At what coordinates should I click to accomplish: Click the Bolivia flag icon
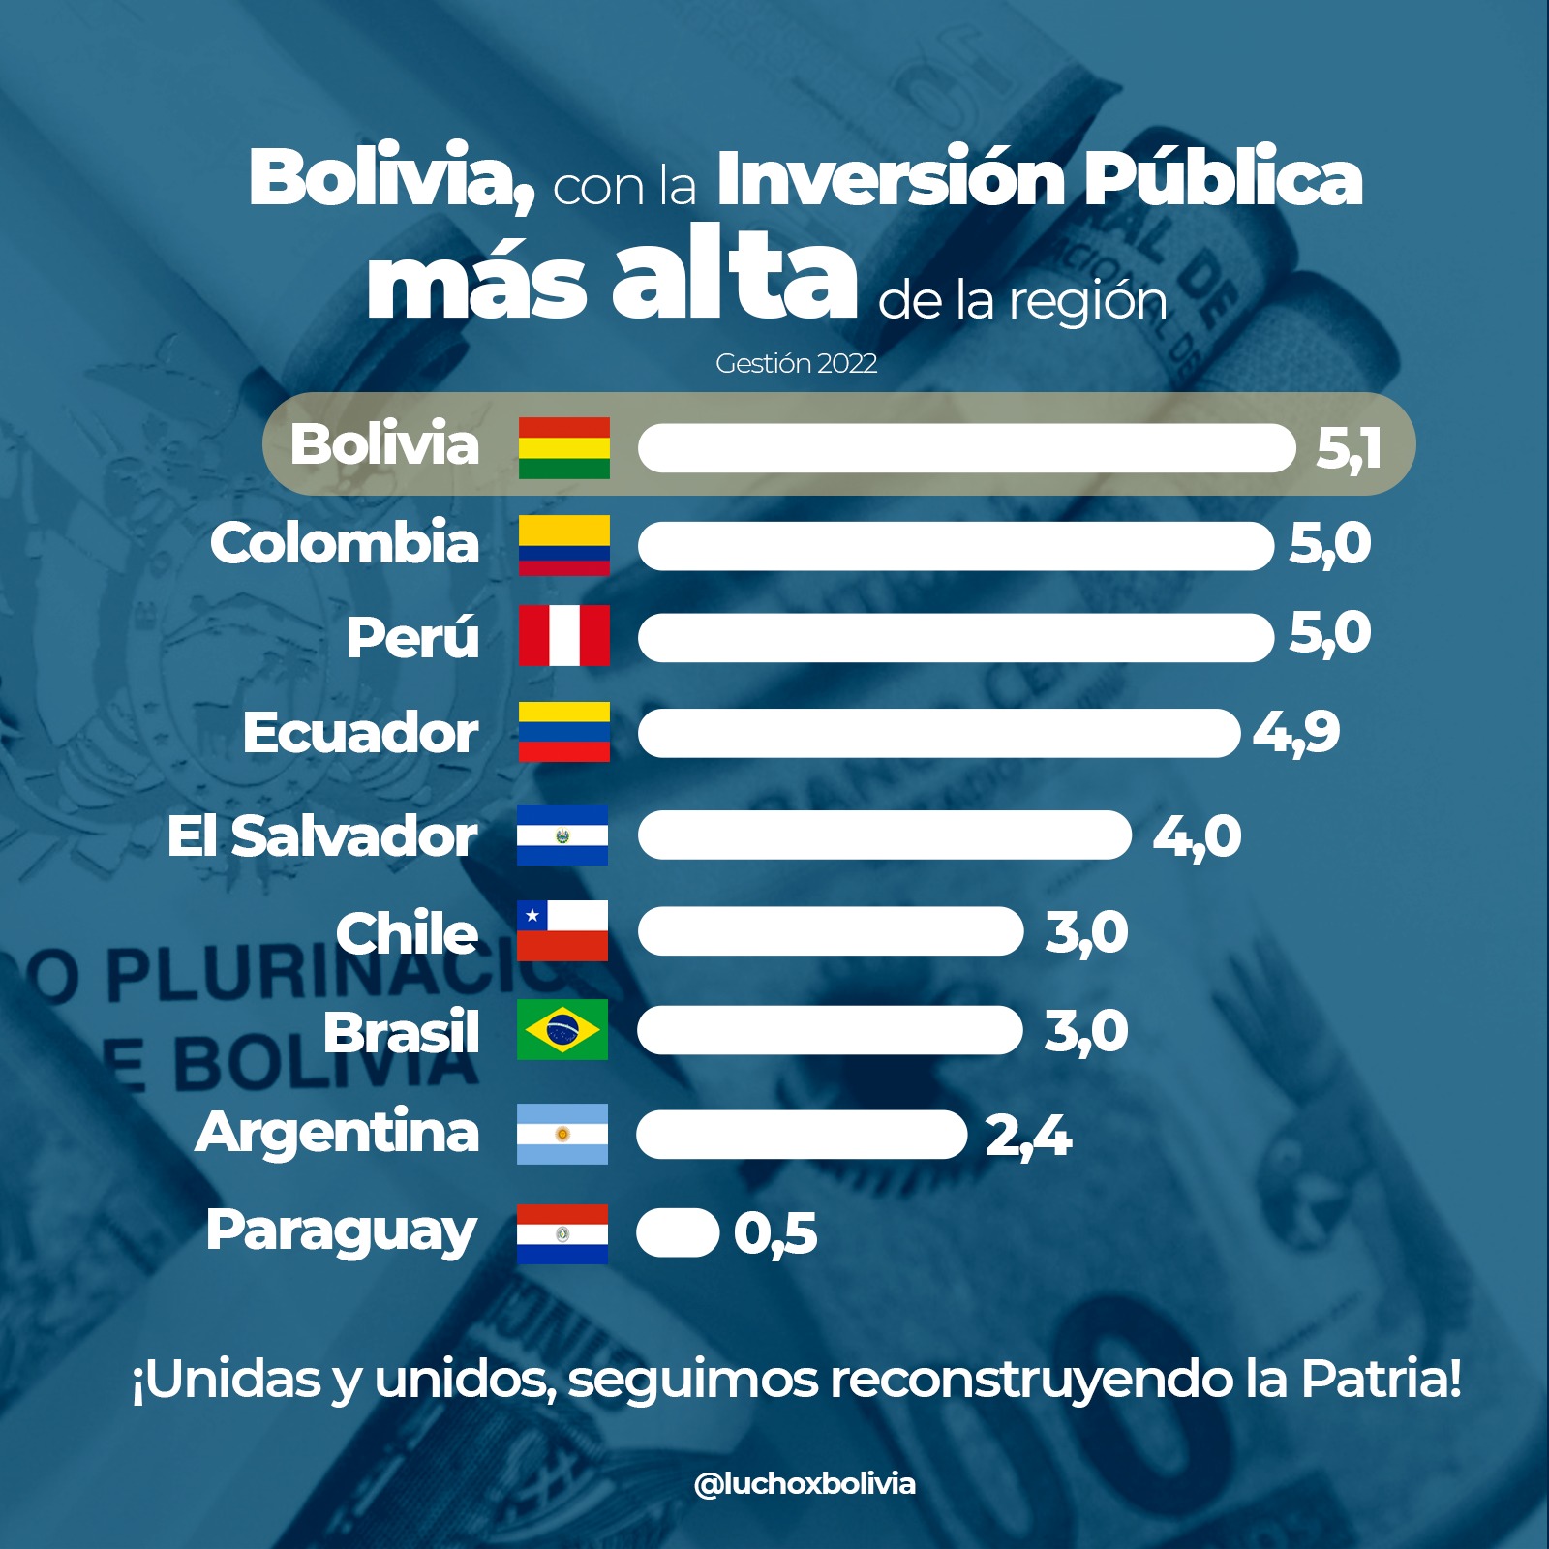(x=563, y=447)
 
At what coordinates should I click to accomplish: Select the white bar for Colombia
(x=956, y=546)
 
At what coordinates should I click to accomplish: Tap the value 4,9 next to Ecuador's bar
(x=1295, y=733)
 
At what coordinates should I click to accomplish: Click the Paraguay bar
(x=677, y=1233)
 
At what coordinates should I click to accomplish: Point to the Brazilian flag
(x=562, y=1029)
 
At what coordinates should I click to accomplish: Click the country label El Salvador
(x=321, y=835)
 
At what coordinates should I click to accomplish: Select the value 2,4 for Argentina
(x=1027, y=1136)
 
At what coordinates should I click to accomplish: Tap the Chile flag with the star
(x=562, y=930)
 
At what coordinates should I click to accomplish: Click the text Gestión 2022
(x=796, y=364)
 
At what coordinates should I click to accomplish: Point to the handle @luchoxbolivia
(x=804, y=1483)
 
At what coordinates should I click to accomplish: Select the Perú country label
(x=412, y=637)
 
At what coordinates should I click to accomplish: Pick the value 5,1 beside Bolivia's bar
(x=1348, y=449)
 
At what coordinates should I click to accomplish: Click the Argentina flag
(x=562, y=1134)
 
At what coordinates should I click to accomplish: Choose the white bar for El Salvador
(x=884, y=835)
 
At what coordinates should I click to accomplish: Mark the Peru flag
(x=563, y=635)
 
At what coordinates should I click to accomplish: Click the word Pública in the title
(x=1222, y=178)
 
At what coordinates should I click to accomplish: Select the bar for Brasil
(x=830, y=1030)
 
